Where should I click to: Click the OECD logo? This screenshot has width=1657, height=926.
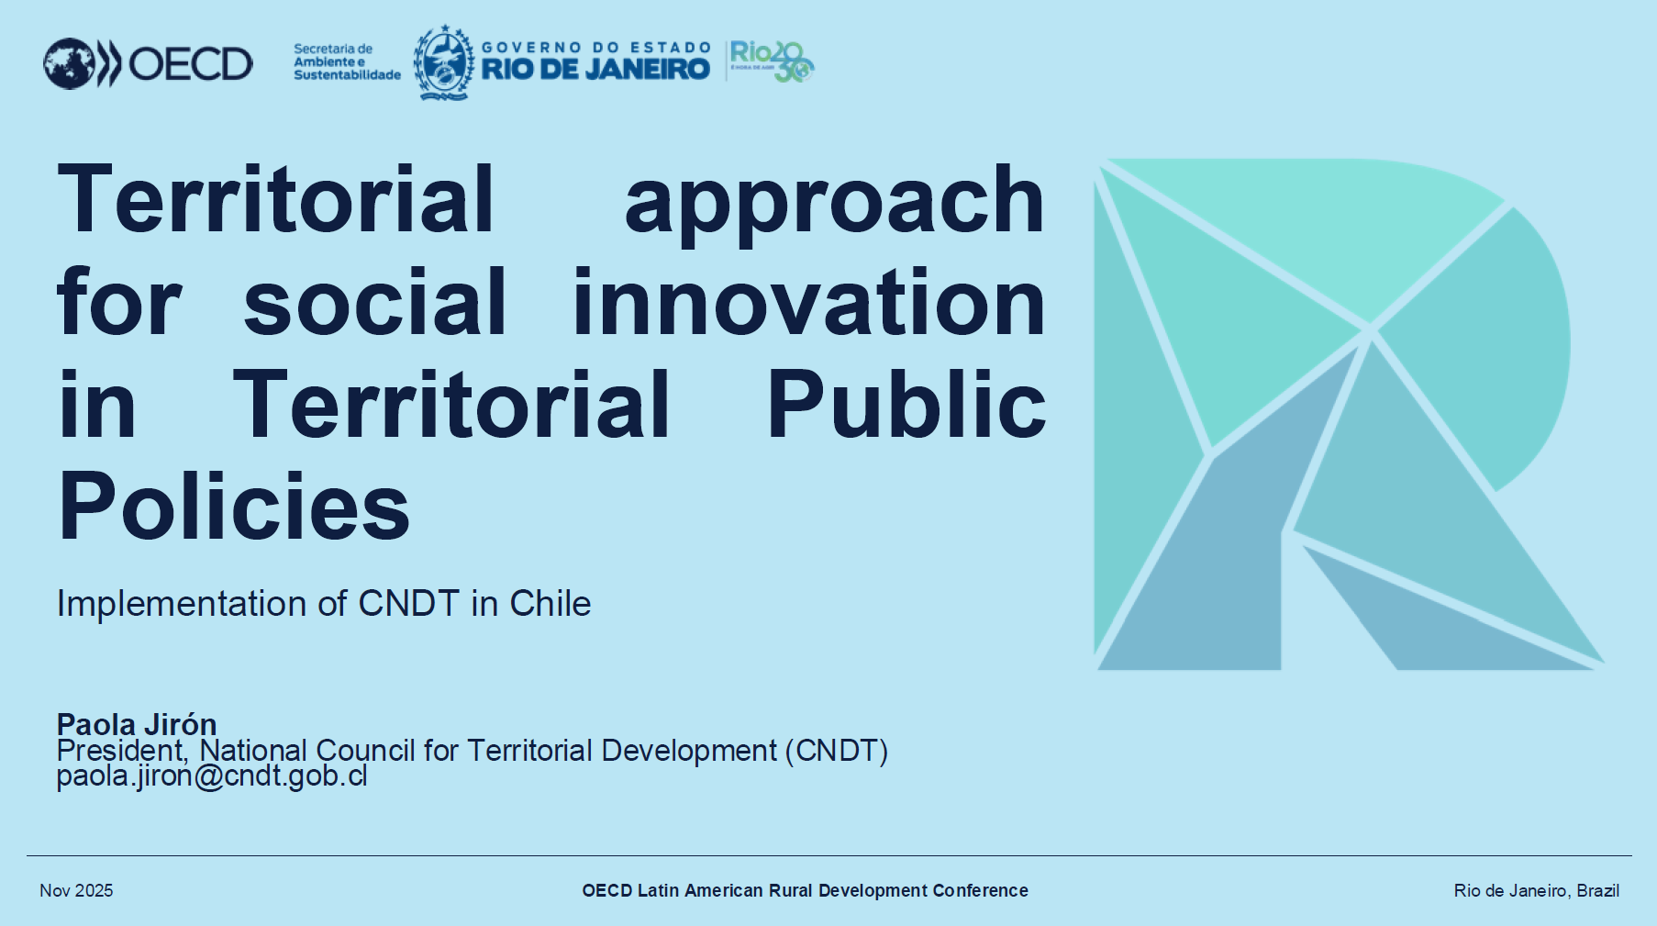148,63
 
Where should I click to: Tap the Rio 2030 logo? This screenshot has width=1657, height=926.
772,61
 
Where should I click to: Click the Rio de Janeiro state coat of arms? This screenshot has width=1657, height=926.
444,62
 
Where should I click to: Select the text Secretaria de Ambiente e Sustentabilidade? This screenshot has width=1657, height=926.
347,61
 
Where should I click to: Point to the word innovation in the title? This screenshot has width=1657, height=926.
808,302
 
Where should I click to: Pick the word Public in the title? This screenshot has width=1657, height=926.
906,404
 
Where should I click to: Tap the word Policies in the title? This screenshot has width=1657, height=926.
234,508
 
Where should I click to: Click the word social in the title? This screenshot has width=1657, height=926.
374,302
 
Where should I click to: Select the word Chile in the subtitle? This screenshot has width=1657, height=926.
550,604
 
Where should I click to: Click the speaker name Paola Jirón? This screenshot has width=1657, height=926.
137,724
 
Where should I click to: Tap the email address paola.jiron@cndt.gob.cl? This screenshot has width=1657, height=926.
212,776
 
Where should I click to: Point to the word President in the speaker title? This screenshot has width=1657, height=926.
121,751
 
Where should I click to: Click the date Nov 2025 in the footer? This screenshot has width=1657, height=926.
76,890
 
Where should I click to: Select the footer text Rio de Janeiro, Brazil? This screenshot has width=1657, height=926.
1536,890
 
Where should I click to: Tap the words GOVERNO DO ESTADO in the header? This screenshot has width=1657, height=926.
596,48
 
